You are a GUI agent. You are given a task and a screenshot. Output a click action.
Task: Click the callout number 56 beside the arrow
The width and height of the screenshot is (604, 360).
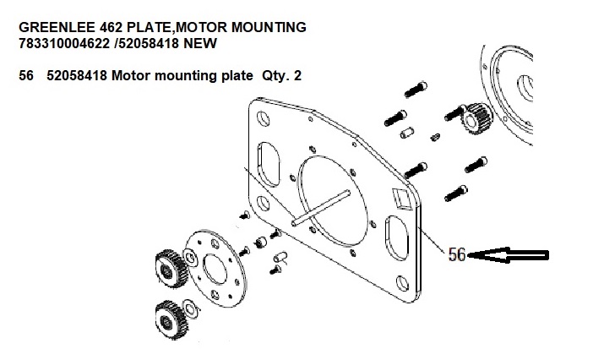click(x=457, y=254)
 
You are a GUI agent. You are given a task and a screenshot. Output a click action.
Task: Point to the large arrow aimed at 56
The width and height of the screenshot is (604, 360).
click(x=512, y=254)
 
